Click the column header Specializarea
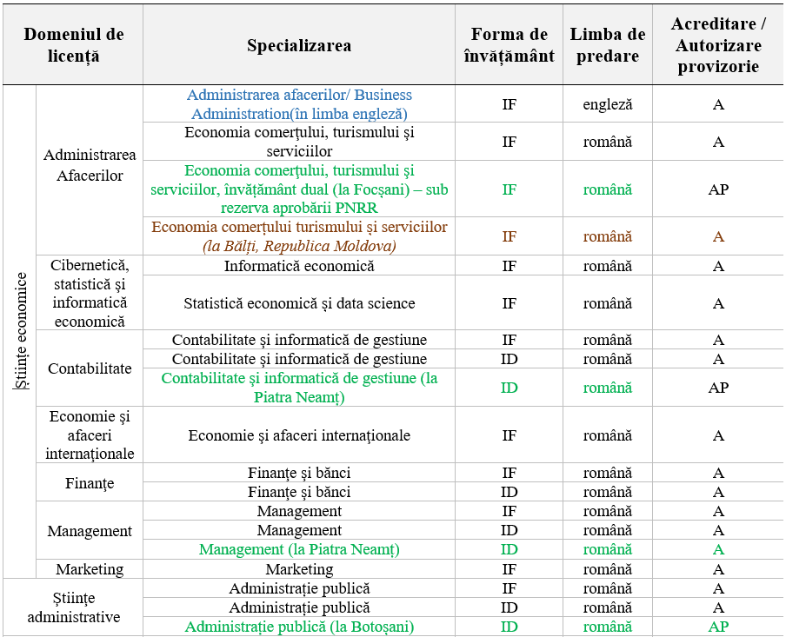tap(299, 46)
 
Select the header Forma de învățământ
tap(510, 46)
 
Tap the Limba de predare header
tap(608, 46)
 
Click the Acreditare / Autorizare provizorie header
tap(717, 45)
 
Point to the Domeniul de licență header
tap(74, 46)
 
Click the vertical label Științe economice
tap(21, 331)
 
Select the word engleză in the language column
tap(608, 104)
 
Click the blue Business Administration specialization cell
tap(299, 104)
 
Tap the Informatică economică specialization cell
tap(299, 266)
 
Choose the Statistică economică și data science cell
tap(299, 303)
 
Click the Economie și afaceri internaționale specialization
tap(299, 435)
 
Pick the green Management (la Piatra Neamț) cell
tap(299, 550)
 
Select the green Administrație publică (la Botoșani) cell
tap(299, 627)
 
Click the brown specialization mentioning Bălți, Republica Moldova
tap(299, 236)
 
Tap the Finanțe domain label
tap(90, 483)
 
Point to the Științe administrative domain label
tap(74, 608)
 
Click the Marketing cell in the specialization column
tap(299, 569)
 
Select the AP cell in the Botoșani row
tap(717, 627)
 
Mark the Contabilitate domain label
tap(90, 368)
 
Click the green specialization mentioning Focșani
tap(299, 189)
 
